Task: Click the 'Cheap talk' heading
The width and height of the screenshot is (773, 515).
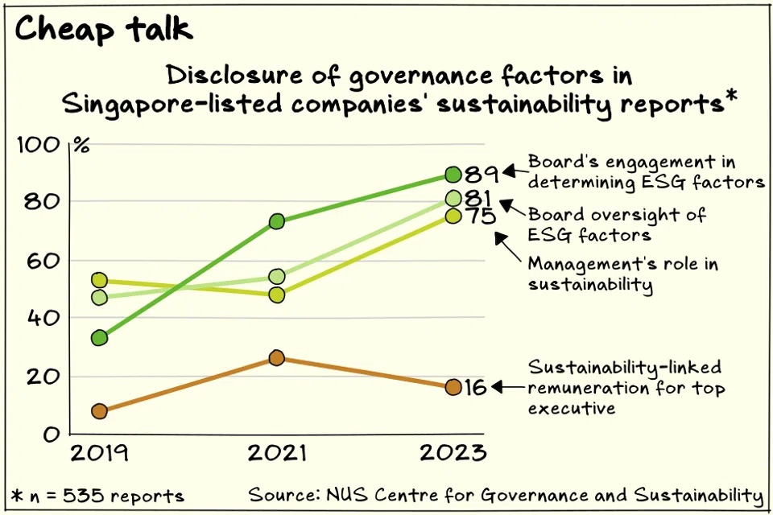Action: [x=104, y=30]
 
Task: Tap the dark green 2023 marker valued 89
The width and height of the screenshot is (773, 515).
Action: [x=453, y=174]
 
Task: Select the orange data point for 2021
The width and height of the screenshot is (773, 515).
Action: [x=276, y=358]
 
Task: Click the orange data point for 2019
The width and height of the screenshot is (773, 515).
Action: [x=100, y=411]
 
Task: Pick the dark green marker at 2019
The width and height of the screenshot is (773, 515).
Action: [x=100, y=338]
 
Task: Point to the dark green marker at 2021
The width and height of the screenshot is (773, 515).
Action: [x=276, y=221]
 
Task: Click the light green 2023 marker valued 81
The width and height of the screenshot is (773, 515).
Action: [x=453, y=198]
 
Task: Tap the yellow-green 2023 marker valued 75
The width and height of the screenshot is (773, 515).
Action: [x=453, y=216]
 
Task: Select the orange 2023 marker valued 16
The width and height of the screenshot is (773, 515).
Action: [x=453, y=387]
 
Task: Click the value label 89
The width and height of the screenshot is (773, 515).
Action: [x=482, y=174]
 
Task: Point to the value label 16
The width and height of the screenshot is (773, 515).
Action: [x=477, y=388]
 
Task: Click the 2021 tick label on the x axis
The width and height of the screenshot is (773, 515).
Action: [x=276, y=452]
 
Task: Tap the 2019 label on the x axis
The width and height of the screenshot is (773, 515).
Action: [x=100, y=452]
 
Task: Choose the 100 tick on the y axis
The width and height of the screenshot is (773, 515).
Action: [x=45, y=146]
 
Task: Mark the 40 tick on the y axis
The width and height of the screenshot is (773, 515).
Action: [x=45, y=319]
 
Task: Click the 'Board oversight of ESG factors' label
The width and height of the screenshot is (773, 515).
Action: [x=617, y=225]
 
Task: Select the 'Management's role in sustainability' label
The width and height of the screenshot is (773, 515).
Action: [x=622, y=274]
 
